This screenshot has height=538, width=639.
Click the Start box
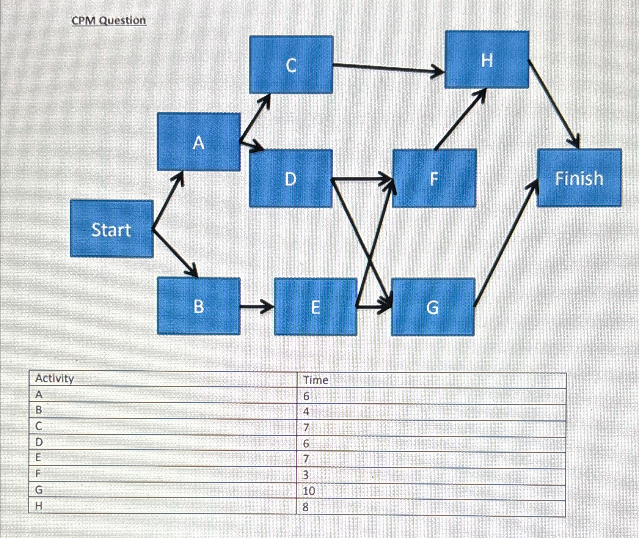(x=112, y=229)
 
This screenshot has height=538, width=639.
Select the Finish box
(x=579, y=178)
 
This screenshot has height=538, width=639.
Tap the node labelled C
(x=291, y=65)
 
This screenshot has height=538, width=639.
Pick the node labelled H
(x=487, y=60)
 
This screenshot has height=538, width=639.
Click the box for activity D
(x=290, y=178)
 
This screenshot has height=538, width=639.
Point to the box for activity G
(x=433, y=307)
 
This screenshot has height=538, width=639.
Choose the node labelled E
(x=315, y=307)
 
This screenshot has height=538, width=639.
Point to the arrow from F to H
(x=460, y=120)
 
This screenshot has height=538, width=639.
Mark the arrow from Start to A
(x=168, y=201)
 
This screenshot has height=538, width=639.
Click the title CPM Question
(x=109, y=20)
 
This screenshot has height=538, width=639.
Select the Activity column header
(x=55, y=379)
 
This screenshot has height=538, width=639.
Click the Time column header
(x=316, y=380)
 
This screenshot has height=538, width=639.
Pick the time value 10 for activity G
(x=309, y=491)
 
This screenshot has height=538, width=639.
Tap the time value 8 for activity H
(x=306, y=507)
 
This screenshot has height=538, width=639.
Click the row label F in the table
(x=38, y=474)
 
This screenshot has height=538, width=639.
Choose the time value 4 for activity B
(x=306, y=411)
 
